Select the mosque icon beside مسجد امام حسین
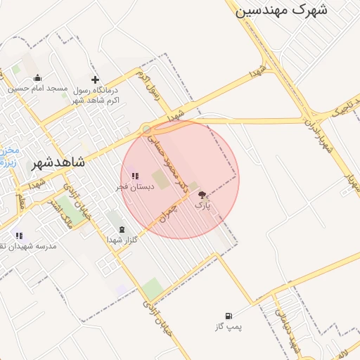37,78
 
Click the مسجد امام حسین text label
38,89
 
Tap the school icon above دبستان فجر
135,176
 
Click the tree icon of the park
202,195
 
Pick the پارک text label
202,206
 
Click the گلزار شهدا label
121,240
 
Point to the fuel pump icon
228,316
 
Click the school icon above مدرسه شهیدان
19,236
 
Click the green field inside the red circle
161,179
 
